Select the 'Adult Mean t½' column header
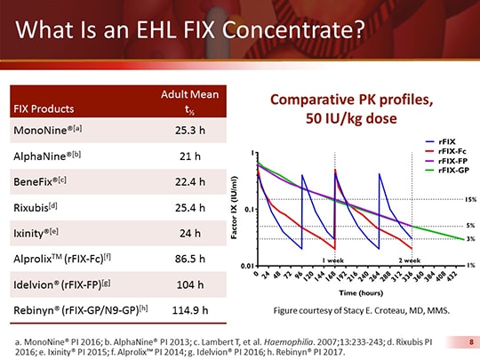(x=188, y=103)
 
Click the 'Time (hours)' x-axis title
(x=360, y=292)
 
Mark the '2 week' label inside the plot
(x=411, y=259)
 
